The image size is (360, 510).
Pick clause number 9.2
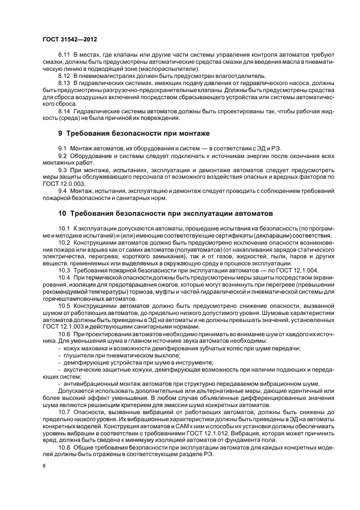coord(63,155)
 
